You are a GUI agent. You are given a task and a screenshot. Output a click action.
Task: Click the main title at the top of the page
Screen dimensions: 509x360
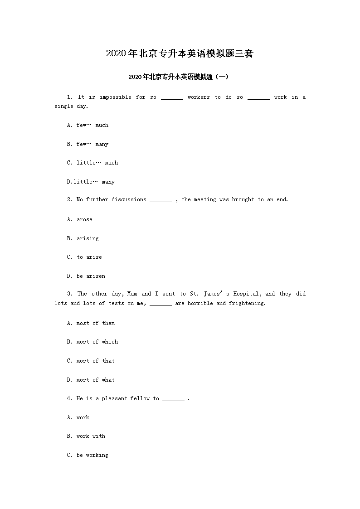click(180, 53)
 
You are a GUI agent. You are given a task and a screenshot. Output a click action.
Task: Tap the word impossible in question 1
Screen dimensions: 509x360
click(116, 97)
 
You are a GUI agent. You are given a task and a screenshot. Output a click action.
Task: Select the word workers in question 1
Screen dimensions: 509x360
click(199, 97)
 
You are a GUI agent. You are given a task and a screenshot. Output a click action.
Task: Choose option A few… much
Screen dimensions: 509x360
click(88, 125)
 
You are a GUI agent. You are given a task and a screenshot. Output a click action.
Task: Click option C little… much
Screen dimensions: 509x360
click(92, 163)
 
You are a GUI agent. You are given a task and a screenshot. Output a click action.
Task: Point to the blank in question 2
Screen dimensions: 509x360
click(161, 200)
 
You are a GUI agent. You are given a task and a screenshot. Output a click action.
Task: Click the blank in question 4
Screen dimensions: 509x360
click(173, 399)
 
